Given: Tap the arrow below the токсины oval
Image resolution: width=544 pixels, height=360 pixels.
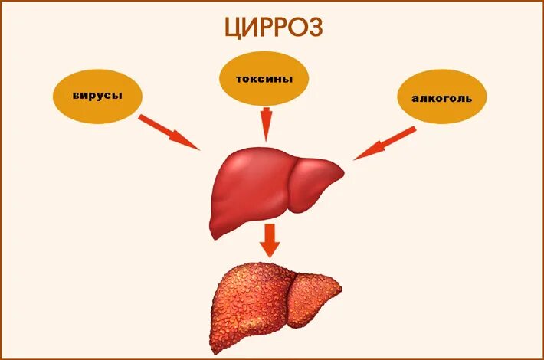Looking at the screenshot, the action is tap(267, 123).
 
